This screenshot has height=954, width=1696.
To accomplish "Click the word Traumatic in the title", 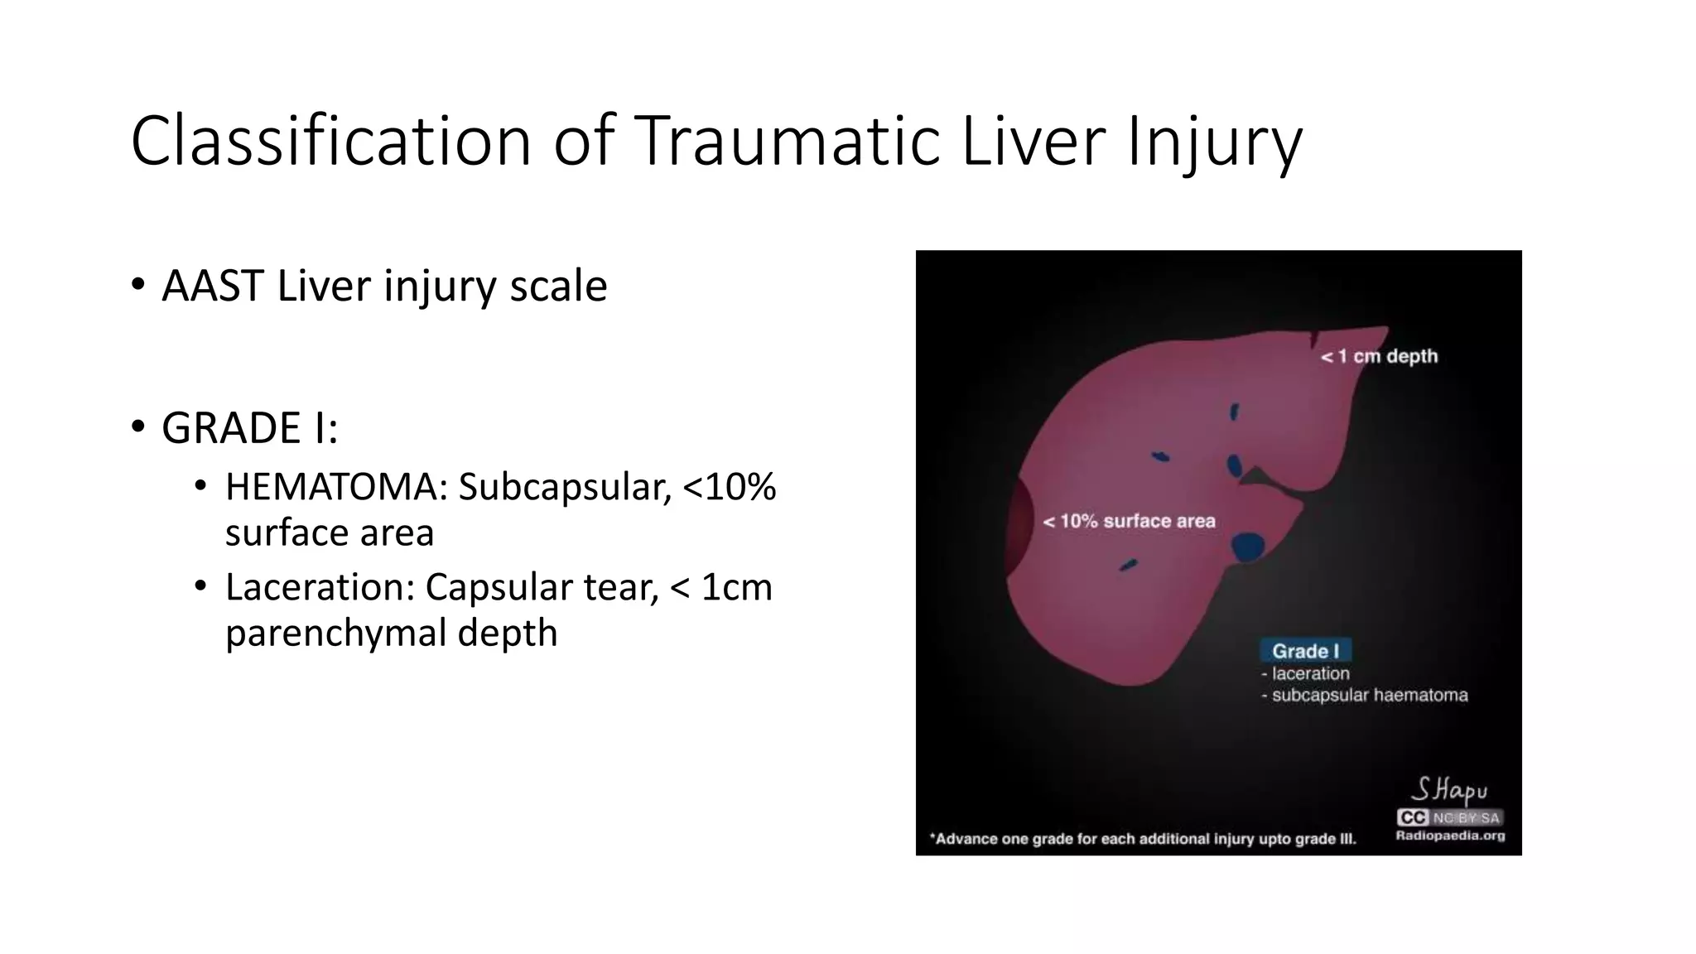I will [x=788, y=141].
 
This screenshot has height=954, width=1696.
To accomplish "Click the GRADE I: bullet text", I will [x=249, y=428].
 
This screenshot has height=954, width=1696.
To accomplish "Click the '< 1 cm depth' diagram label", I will [x=1379, y=356].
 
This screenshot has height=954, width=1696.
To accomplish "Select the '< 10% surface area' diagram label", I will [x=1129, y=521].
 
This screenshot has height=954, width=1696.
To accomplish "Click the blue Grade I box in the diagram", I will [x=1305, y=651].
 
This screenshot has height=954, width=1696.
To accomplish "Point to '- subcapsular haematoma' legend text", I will [x=1364, y=695].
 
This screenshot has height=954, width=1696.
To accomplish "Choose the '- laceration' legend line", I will [x=1306, y=673].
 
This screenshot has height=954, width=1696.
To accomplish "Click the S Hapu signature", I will [x=1448, y=789].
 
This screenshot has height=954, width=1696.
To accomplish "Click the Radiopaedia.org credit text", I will [x=1450, y=836].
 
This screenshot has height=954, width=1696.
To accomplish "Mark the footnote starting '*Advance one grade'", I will [x=1143, y=839].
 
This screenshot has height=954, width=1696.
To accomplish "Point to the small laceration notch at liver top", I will [x=1314, y=339].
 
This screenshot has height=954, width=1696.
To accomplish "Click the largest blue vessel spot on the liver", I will [x=1247, y=547].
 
